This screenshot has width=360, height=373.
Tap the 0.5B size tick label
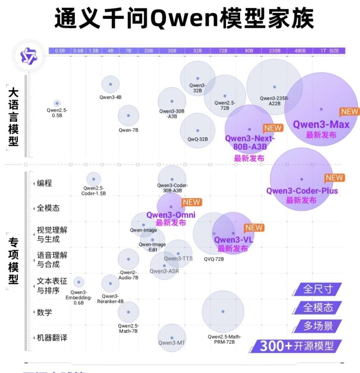(x=60, y=51)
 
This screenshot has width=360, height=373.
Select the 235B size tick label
(x=275, y=51)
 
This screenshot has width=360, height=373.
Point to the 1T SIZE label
(x=330, y=51)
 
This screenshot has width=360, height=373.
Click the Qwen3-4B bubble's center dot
(x=110, y=84)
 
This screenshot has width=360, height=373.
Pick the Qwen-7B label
(x=128, y=130)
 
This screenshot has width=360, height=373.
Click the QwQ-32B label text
(x=197, y=139)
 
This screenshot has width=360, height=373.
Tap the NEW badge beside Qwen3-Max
(x=350, y=112)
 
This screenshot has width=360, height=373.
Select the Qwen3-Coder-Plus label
(x=302, y=191)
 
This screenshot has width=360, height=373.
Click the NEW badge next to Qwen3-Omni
(x=192, y=202)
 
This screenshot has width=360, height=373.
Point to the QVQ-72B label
(x=214, y=259)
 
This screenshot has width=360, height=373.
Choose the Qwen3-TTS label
(x=178, y=259)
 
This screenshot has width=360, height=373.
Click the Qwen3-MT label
(x=172, y=343)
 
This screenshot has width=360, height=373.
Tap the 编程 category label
(x=44, y=183)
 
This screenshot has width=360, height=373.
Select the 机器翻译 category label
(x=52, y=338)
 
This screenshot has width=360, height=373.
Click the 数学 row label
(x=44, y=312)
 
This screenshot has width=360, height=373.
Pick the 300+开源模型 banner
(x=296, y=346)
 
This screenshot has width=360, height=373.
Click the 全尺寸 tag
(x=318, y=289)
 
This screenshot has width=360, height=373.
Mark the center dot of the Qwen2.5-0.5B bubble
(x=57, y=103)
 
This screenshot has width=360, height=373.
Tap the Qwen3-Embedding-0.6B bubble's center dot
(x=79, y=282)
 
